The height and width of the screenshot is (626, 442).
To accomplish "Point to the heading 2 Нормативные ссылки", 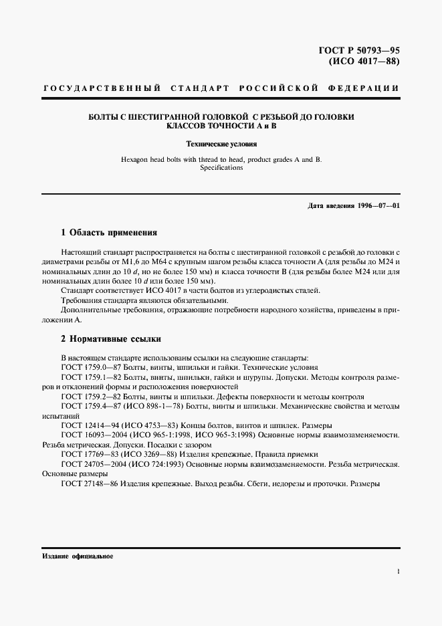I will point(110,339).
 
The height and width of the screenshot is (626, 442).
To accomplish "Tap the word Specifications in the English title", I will point(221,169).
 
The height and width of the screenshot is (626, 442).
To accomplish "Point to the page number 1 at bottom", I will point(398,572).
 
